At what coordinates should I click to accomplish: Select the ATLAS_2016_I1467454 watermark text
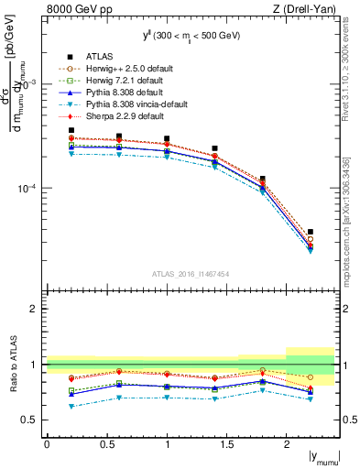point(191,274)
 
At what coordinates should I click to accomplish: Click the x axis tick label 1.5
point(226,444)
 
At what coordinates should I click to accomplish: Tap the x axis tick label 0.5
point(106,444)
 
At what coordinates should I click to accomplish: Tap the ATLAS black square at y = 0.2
point(71,130)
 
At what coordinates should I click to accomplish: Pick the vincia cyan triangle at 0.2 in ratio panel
point(71,406)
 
